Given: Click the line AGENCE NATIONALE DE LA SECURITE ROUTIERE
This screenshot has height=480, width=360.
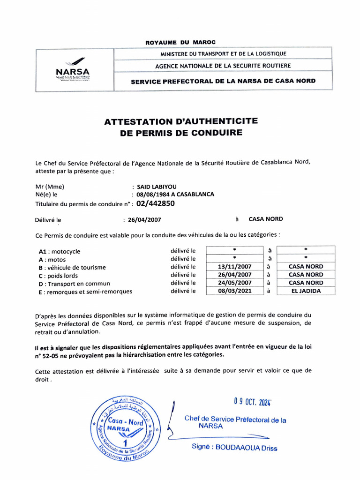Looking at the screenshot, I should (x=223, y=66).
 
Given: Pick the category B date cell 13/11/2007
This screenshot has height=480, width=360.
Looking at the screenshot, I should (x=235, y=266).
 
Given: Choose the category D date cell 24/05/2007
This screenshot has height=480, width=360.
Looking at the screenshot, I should (x=235, y=283).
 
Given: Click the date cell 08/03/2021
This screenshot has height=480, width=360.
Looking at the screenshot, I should (x=235, y=291).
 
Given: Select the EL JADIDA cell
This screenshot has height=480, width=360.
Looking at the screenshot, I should (x=306, y=291).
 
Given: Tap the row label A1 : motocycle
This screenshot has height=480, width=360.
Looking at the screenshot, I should (x=60, y=251).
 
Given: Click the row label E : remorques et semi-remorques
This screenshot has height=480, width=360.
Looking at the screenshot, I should (x=85, y=291).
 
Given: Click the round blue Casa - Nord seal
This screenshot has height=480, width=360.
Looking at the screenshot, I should (x=124, y=428).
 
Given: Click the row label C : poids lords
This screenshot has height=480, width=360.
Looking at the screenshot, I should (x=58, y=275).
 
